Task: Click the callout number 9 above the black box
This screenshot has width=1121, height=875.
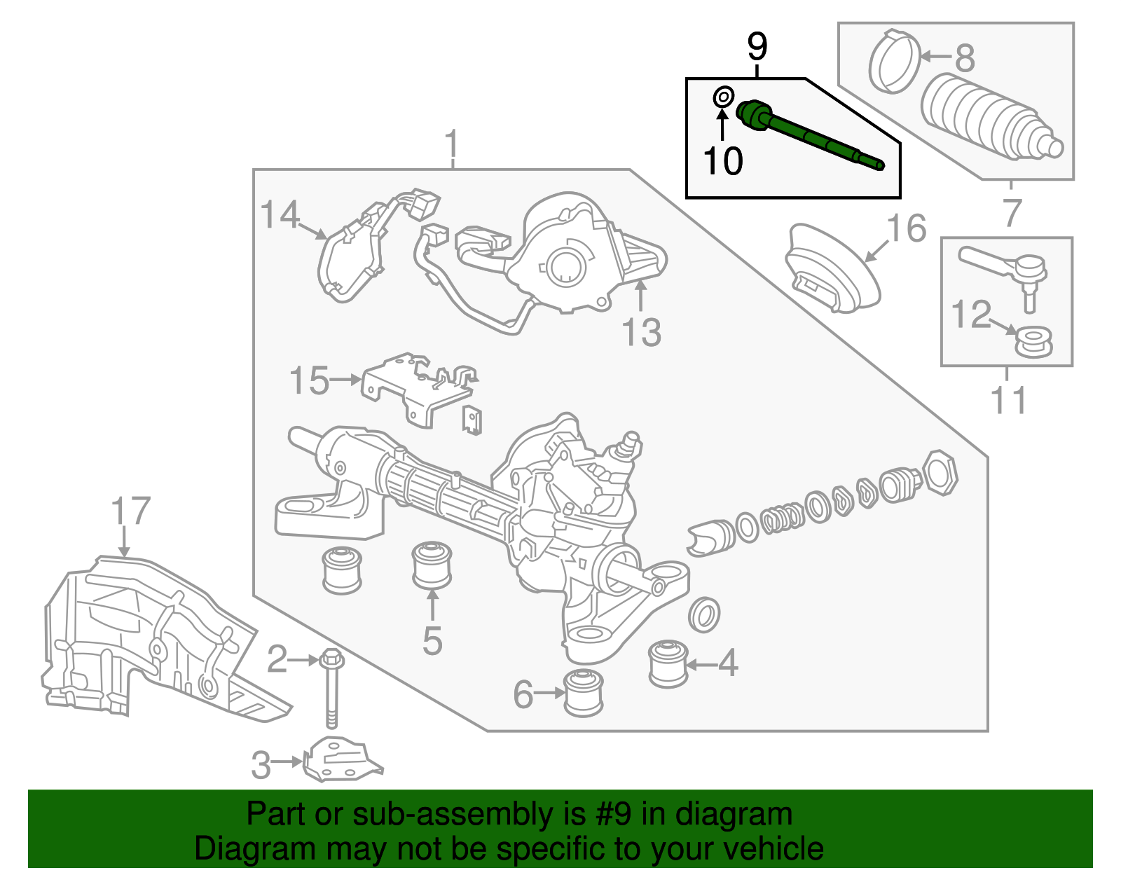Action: (757, 47)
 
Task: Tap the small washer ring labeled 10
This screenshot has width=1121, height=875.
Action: (724, 97)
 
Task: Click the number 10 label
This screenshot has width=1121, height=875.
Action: (722, 161)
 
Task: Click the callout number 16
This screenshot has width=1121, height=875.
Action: (907, 229)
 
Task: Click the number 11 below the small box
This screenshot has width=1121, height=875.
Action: (1008, 401)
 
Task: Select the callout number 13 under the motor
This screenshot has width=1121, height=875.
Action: (641, 333)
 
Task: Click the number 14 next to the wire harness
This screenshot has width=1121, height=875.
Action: (280, 215)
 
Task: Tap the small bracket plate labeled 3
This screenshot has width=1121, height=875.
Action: (342, 762)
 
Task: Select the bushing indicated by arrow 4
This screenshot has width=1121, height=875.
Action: (668, 663)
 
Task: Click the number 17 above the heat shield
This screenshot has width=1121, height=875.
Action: (131, 511)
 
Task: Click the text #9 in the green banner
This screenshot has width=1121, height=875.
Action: (613, 815)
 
